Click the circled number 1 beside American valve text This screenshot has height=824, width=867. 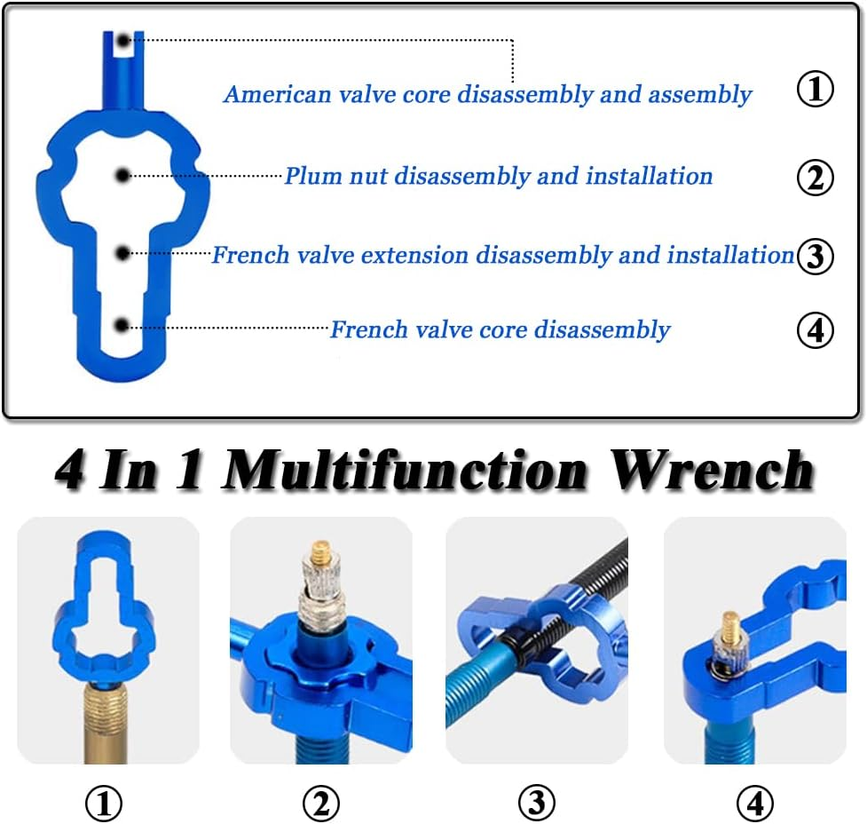tap(816, 91)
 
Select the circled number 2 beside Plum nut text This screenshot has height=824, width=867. tap(816, 178)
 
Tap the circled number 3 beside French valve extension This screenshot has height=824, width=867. tap(816, 256)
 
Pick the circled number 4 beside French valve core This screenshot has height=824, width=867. tap(816, 330)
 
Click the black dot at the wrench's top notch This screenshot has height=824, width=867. tap(122, 40)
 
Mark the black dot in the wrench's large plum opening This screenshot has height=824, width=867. tap(123, 176)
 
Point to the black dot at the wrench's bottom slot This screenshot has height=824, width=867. tap(123, 326)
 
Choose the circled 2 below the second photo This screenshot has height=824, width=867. tap(320, 804)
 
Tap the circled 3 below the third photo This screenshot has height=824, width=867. tap(537, 804)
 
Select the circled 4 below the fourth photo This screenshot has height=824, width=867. tap(754, 804)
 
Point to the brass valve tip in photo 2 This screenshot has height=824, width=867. tap(322, 556)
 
